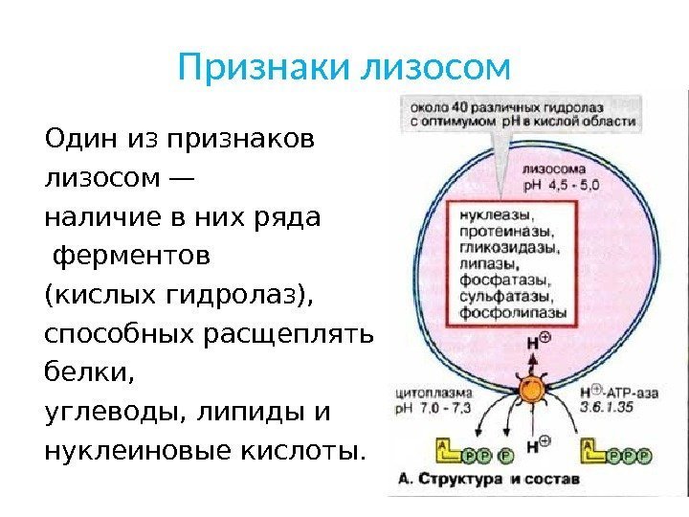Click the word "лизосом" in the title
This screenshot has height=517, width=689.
point(439,68)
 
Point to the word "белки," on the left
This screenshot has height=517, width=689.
point(78,373)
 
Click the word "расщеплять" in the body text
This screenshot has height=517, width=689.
point(291,335)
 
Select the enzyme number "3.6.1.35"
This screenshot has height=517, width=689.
point(607,406)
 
